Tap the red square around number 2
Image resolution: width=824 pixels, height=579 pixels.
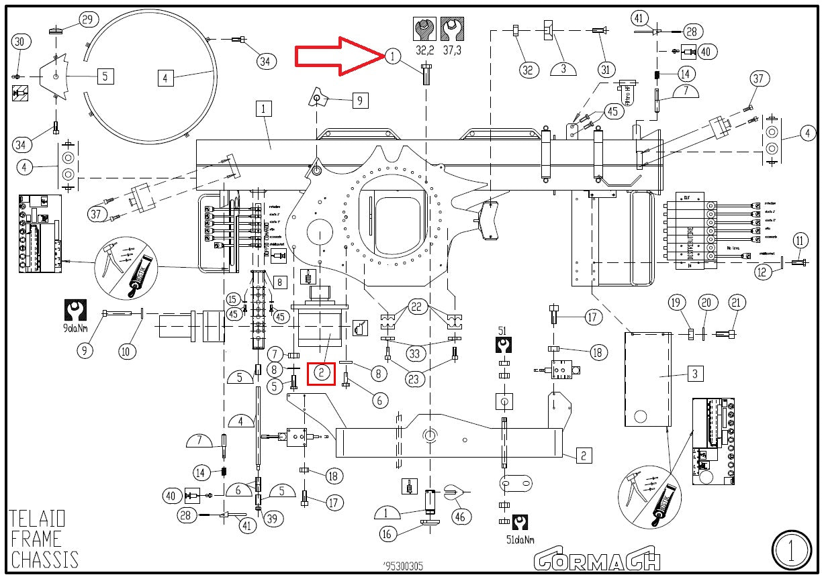point(322,372)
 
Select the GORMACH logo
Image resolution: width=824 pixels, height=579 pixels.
point(597,558)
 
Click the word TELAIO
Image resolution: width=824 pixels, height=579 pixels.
point(38,519)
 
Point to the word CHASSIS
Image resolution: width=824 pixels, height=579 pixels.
point(44,559)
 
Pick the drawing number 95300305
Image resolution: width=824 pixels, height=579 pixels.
point(403,566)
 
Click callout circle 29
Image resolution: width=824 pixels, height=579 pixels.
point(87,19)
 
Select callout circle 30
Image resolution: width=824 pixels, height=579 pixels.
point(21,42)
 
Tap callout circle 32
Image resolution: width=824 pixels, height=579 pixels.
point(529,68)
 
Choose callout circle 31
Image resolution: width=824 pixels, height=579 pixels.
point(606,68)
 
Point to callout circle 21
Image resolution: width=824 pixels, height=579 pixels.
point(736,303)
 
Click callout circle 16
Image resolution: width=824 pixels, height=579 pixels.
point(387,534)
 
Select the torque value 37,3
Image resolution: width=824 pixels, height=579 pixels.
point(452,50)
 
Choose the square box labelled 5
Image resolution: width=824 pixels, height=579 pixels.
point(105,76)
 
